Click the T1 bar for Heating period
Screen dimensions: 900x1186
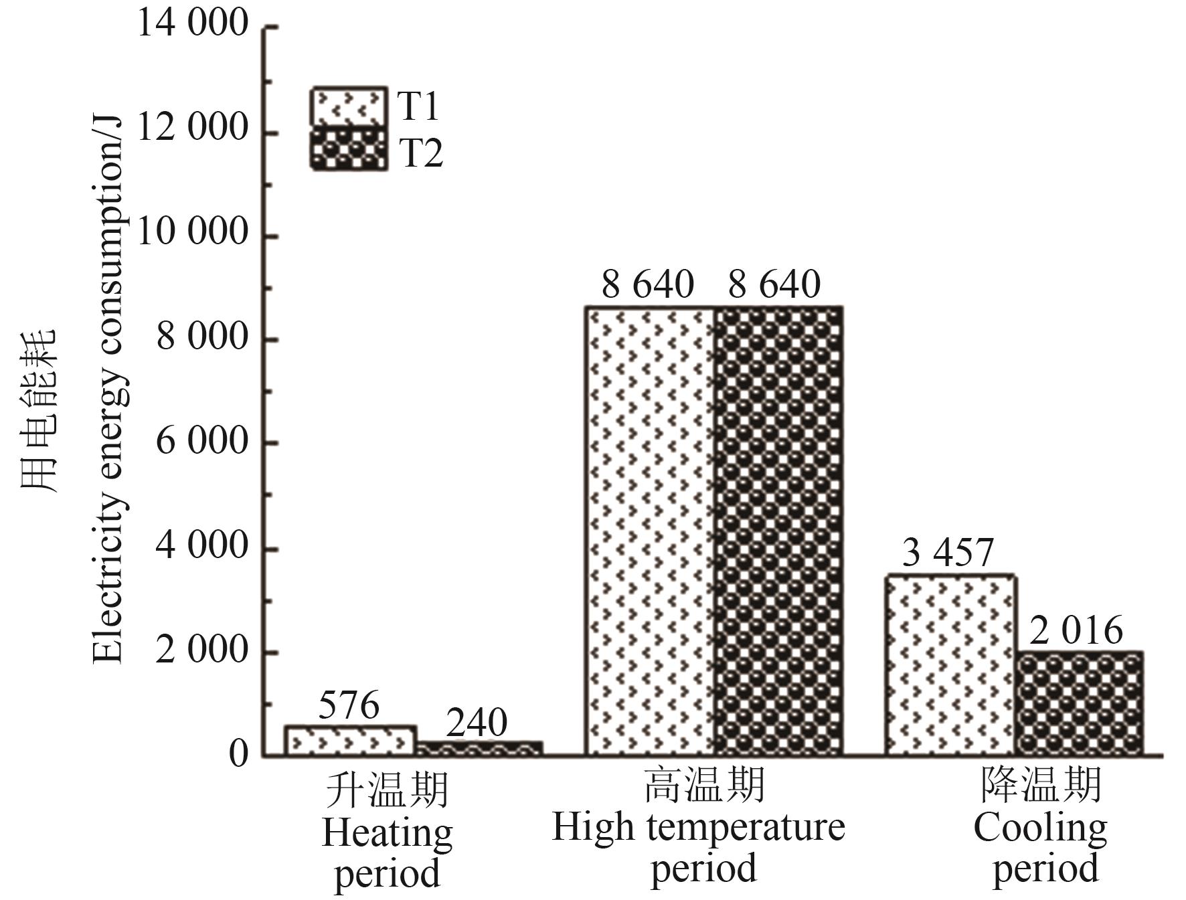pos(351,741)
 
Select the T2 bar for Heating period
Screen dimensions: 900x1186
pos(479,749)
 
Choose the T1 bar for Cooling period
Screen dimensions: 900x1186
pos(950,665)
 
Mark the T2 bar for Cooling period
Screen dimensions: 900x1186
pos(1079,703)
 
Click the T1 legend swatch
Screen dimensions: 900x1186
pos(349,106)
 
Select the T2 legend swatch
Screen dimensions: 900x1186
pos(349,149)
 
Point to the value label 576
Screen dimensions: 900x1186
pos(349,705)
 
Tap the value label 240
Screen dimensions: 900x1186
pos(477,723)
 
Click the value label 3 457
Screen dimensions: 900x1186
pos(948,553)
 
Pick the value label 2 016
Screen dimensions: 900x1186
pos(1076,630)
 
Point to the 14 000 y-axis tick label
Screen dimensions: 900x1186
pos(193,23)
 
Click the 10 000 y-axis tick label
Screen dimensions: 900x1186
pos(193,234)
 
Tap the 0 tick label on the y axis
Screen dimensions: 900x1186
pos(238,754)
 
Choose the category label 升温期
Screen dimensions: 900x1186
pos(387,790)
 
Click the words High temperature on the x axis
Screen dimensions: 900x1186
pos(698,828)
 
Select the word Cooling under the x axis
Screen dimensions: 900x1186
pos(1040,829)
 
